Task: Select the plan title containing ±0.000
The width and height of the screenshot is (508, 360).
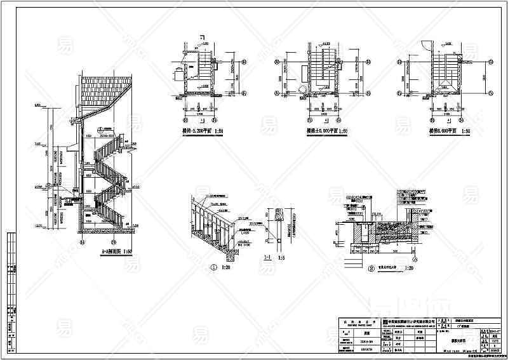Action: tap(326, 131)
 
